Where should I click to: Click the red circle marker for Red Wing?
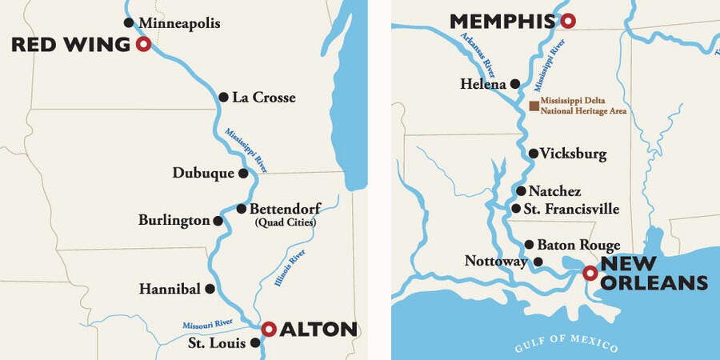coord(143,45)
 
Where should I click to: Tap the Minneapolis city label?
coord(178,22)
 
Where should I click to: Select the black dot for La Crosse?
coord(223,98)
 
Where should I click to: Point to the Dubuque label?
coord(203,173)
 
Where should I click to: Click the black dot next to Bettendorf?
coord(242,209)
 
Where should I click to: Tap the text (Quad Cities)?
coord(284,222)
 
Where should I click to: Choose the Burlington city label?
coord(174,220)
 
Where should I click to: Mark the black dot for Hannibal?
coord(210,289)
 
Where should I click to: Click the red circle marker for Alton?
coord(270,328)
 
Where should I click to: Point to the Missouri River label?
coord(207,323)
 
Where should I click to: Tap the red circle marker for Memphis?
coord(567,21)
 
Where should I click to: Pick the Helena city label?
coord(482,83)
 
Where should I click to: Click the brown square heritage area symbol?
coord(534,106)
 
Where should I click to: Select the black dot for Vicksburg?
coord(534,154)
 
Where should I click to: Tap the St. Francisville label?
coord(572,209)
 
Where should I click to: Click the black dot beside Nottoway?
coord(538,262)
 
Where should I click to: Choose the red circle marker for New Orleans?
coord(590,274)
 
